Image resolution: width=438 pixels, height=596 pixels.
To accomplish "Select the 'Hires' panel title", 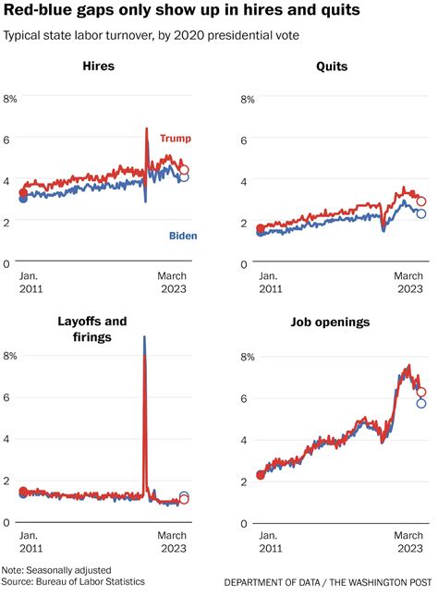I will pyautogui.click(x=99, y=67).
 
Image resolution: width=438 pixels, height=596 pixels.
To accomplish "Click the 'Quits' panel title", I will pyautogui.click(x=330, y=67).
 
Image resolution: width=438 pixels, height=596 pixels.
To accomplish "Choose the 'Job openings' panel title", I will pyautogui.click(x=330, y=322).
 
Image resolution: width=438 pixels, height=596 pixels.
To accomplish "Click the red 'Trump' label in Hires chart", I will pyautogui.click(x=176, y=139).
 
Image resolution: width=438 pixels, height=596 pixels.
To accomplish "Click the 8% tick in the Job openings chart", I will pyautogui.click(x=247, y=357).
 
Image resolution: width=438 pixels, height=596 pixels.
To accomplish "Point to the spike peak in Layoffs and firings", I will pyautogui.click(x=144, y=338).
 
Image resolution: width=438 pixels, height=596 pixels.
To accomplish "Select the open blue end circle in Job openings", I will pyautogui.click(x=421, y=403).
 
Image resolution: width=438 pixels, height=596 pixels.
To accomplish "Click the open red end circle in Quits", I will pyautogui.click(x=421, y=201).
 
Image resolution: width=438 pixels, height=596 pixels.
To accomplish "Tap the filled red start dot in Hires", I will pyautogui.click(x=23, y=193).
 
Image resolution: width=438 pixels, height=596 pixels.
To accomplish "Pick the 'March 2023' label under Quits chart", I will pyautogui.click(x=409, y=283).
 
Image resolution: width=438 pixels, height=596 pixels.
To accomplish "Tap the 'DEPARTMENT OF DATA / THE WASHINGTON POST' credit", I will pyautogui.click(x=327, y=583).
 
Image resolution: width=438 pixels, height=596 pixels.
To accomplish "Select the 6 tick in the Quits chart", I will pyautogui.click(x=247, y=140).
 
